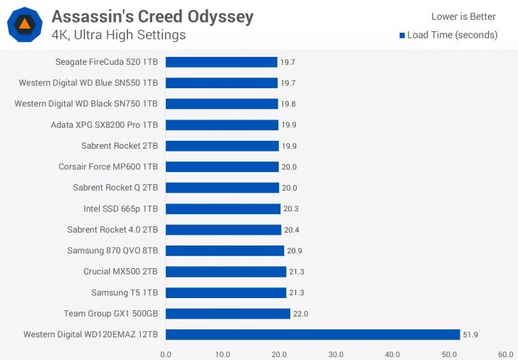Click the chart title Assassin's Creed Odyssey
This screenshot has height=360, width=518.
[152, 16]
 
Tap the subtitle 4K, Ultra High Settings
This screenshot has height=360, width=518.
[119, 35]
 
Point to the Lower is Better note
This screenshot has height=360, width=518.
[463, 17]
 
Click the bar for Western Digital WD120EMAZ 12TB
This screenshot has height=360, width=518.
[313, 334]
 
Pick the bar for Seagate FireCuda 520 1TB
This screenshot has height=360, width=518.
[221, 62]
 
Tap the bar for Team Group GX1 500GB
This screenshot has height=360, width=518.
[228, 314]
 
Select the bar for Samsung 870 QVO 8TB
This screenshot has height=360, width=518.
[225, 250]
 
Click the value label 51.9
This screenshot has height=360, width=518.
[472, 334]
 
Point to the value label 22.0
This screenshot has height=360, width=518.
[302, 314]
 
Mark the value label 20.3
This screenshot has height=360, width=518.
[292, 209]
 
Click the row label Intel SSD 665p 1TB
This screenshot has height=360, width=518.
[120, 209]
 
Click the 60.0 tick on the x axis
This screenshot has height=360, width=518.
[505, 354]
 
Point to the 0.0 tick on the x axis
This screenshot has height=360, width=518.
[166, 354]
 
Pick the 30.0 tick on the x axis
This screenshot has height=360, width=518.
[336, 354]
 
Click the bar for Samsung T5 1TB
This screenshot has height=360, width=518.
[226, 292]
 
